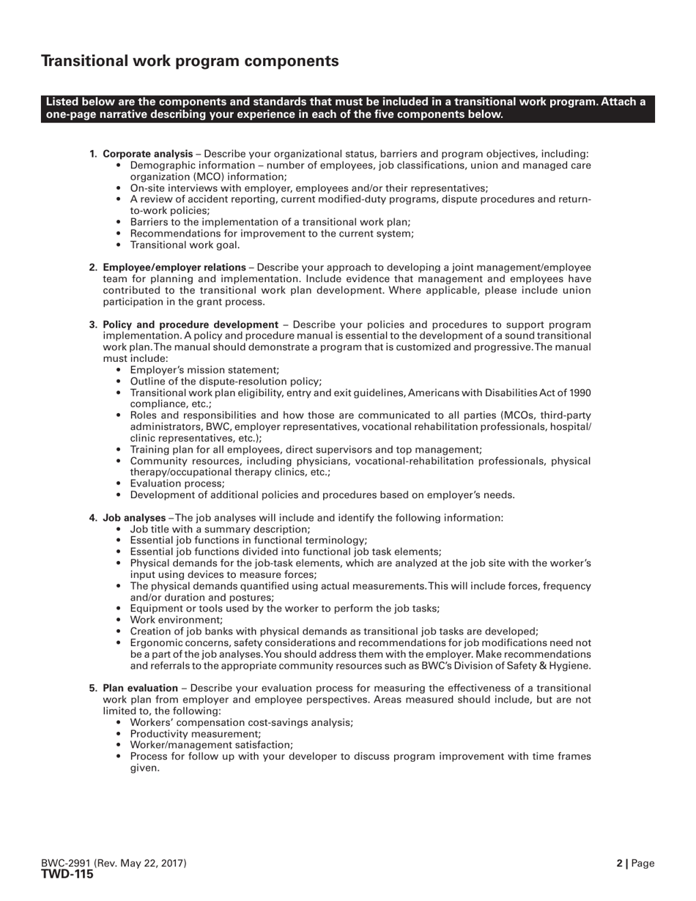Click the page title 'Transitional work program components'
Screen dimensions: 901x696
190,62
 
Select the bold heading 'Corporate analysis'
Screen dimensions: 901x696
148,154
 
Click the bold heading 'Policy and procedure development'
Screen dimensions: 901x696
190,325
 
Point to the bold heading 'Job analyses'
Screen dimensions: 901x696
134,518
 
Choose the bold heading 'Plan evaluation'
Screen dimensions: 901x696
140,688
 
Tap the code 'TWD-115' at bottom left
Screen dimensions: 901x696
67,874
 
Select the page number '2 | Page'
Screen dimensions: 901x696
635,864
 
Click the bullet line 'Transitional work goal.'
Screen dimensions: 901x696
185,245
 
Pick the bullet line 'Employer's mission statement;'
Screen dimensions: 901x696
204,370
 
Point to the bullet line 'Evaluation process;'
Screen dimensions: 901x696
177,483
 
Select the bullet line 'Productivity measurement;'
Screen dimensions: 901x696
195,733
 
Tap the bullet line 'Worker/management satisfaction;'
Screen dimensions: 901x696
211,745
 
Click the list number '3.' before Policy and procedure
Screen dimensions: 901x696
94,325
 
